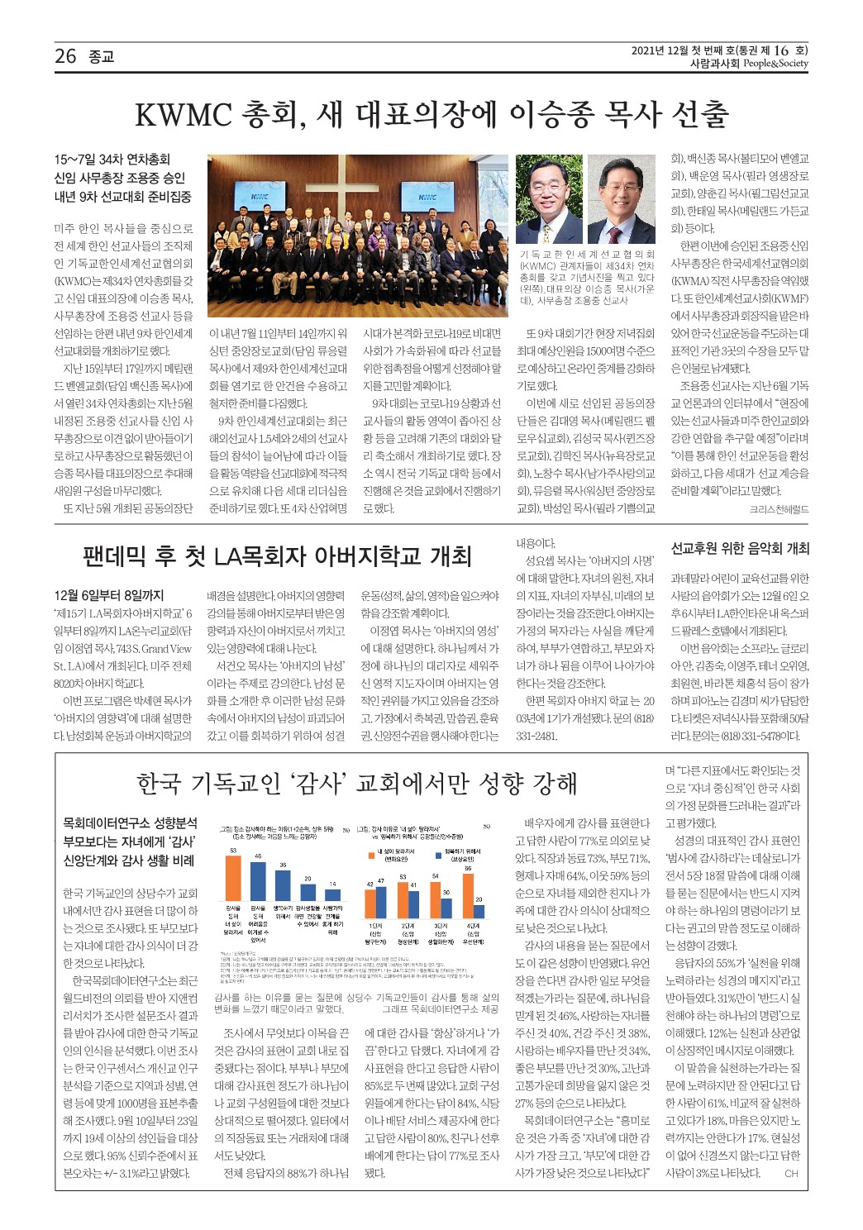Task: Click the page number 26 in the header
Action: (x=65, y=56)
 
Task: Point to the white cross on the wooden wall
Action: (x=351, y=184)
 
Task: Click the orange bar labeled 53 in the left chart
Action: (x=234, y=877)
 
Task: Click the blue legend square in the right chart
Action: (x=440, y=851)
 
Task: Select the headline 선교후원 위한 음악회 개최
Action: (x=739, y=548)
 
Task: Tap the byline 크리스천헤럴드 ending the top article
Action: (x=779, y=509)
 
